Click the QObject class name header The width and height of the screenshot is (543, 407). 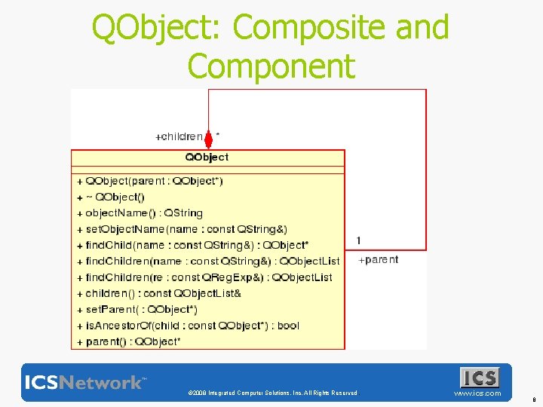pyautogui.click(x=207, y=158)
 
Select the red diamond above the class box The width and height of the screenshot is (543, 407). pyautogui.click(x=209, y=140)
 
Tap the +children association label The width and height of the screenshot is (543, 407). pyautogui.click(x=179, y=137)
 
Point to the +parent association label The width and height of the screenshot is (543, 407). pyautogui.click(x=378, y=260)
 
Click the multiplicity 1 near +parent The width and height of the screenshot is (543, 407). pyautogui.click(x=359, y=240)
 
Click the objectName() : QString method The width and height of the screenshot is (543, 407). pyautogui.click(x=140, y=213)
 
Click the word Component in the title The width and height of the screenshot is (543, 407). pyautogui.click(x=271, y=66)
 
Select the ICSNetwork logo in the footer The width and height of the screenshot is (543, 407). pyautogui.click(x=85, y=382)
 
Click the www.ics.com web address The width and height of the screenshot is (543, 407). pyautogui.click(x=477, y=393)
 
